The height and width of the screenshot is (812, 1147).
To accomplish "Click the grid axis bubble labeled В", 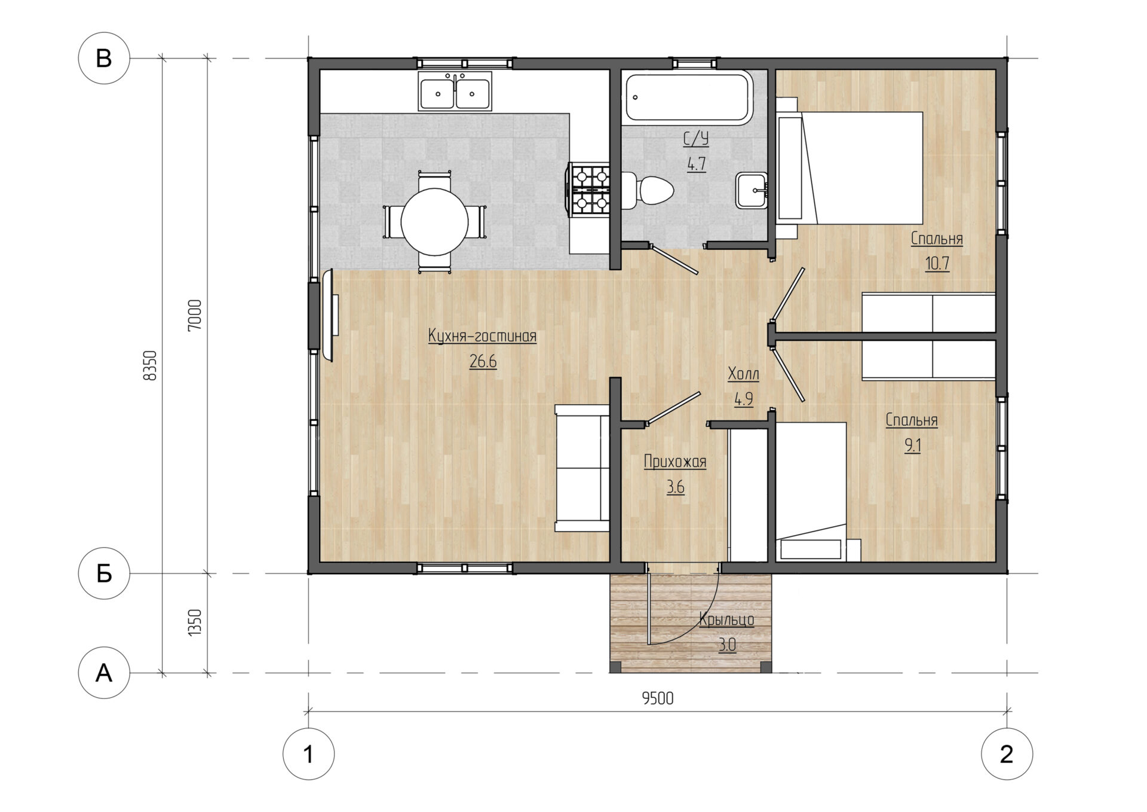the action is click(x=104, y=59).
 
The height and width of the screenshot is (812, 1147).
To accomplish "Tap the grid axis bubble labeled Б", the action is click(x=104, y=573).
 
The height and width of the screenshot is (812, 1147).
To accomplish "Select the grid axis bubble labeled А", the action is click(x=104, y=673).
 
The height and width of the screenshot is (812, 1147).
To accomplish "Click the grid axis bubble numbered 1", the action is click(x=308, y=754).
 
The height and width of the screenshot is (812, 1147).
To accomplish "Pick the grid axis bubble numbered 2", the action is click(x=1007, y=754).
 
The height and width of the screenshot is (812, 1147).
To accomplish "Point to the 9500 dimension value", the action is click(x=658, y=698).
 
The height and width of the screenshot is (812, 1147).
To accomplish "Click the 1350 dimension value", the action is click(x=195, y=623).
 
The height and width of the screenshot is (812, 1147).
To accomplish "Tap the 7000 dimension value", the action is click(x=195, y=315).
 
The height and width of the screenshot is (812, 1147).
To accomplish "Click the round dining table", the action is click(x=434, y=222).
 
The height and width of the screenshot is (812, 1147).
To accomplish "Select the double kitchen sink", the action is click(x=455, y=91).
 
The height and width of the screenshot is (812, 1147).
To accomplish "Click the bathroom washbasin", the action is click(x=752, y=191).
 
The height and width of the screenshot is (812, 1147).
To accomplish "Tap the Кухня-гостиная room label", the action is click(x=482, y=337).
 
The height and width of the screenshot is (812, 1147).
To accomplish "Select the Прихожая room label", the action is click(x=675, y=462).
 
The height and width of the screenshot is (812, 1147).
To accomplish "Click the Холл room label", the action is click(x=743, y=374).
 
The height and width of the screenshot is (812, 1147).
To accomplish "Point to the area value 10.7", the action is click(x=937, y=263).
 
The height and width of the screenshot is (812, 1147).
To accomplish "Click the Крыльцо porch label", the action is click(x=726, y=619).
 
